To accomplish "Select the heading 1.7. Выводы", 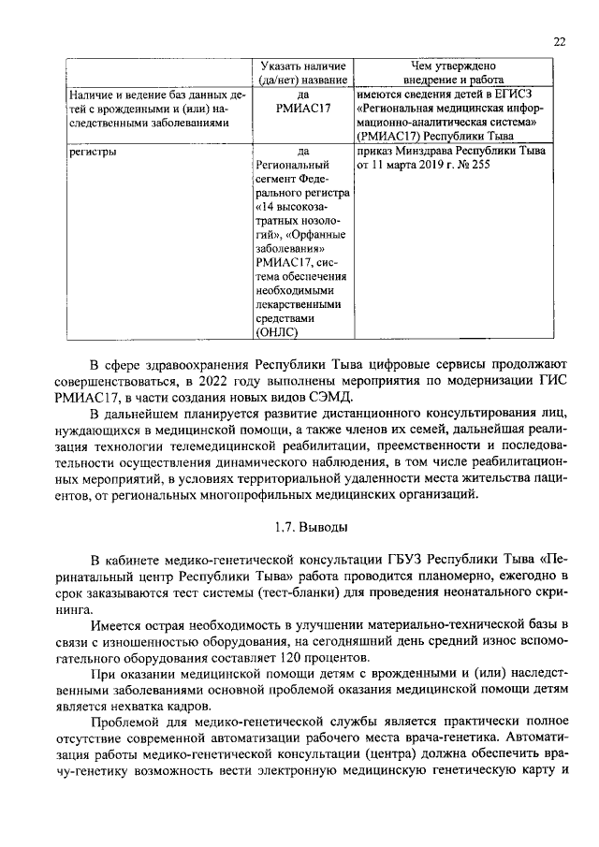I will pyautogui.click(x=299, y=526).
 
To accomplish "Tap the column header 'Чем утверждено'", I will pyautogui.click(x=451, y=66).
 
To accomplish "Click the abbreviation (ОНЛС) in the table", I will pyautogui.click(x=276, y=331).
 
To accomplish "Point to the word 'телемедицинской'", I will pyautogui.click(x=224, y=447).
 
